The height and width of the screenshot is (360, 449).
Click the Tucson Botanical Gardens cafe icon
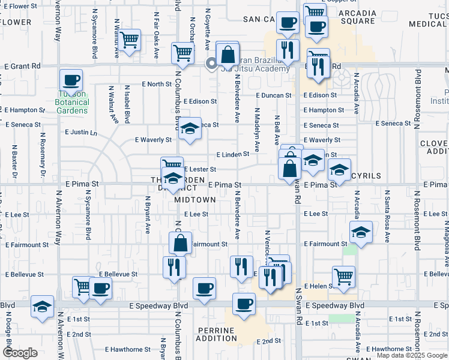pos(71,80)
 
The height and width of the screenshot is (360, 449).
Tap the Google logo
pos(20,353)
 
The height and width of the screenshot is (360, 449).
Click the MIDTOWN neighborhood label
pos(194,199)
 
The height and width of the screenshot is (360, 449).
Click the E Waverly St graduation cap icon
pos(190,130)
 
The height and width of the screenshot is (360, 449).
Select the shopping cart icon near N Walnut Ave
pos(130,40)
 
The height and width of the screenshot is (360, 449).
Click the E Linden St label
pos(233,154)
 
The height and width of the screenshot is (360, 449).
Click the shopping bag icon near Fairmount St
pos(180,244)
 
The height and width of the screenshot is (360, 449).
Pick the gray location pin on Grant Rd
pos(211,63)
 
